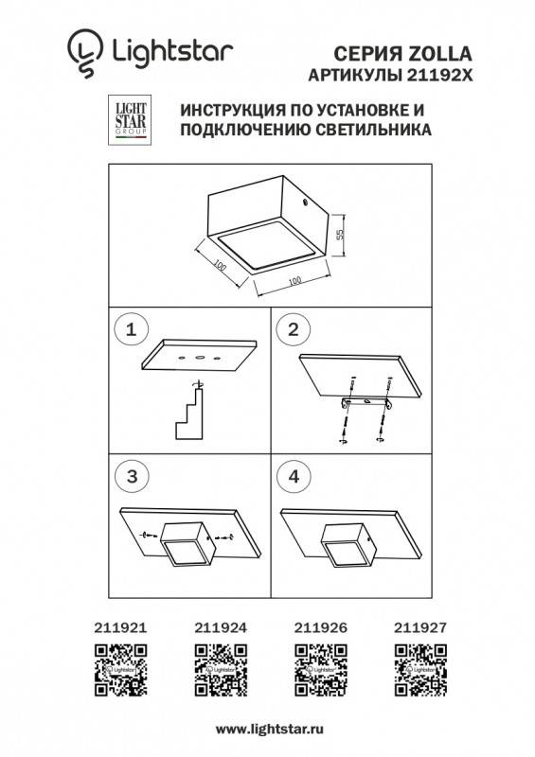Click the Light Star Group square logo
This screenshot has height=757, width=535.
click(x=127, y=121)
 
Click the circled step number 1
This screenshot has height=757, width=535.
click(x=132, y=329)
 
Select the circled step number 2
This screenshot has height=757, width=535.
click(x=294, y=329)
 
